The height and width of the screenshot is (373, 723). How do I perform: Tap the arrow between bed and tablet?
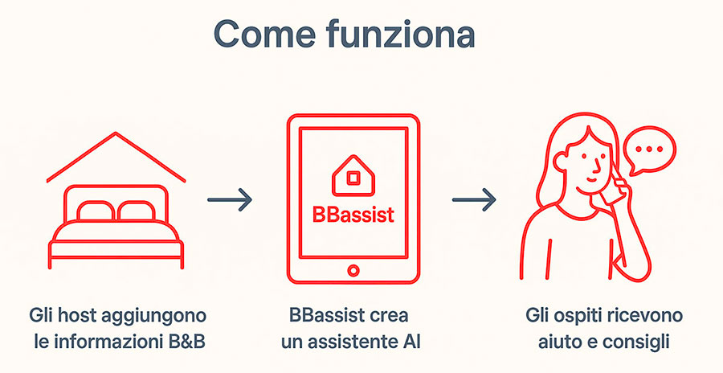coord(230,200)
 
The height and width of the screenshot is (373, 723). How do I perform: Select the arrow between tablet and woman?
coord(473,200)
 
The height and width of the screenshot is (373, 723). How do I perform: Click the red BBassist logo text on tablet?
coord(353,215)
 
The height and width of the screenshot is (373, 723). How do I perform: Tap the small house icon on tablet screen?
coord(352,176)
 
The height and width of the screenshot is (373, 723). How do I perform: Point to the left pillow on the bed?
coord(96,211)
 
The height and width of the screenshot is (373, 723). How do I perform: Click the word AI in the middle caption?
coord(410,342)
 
